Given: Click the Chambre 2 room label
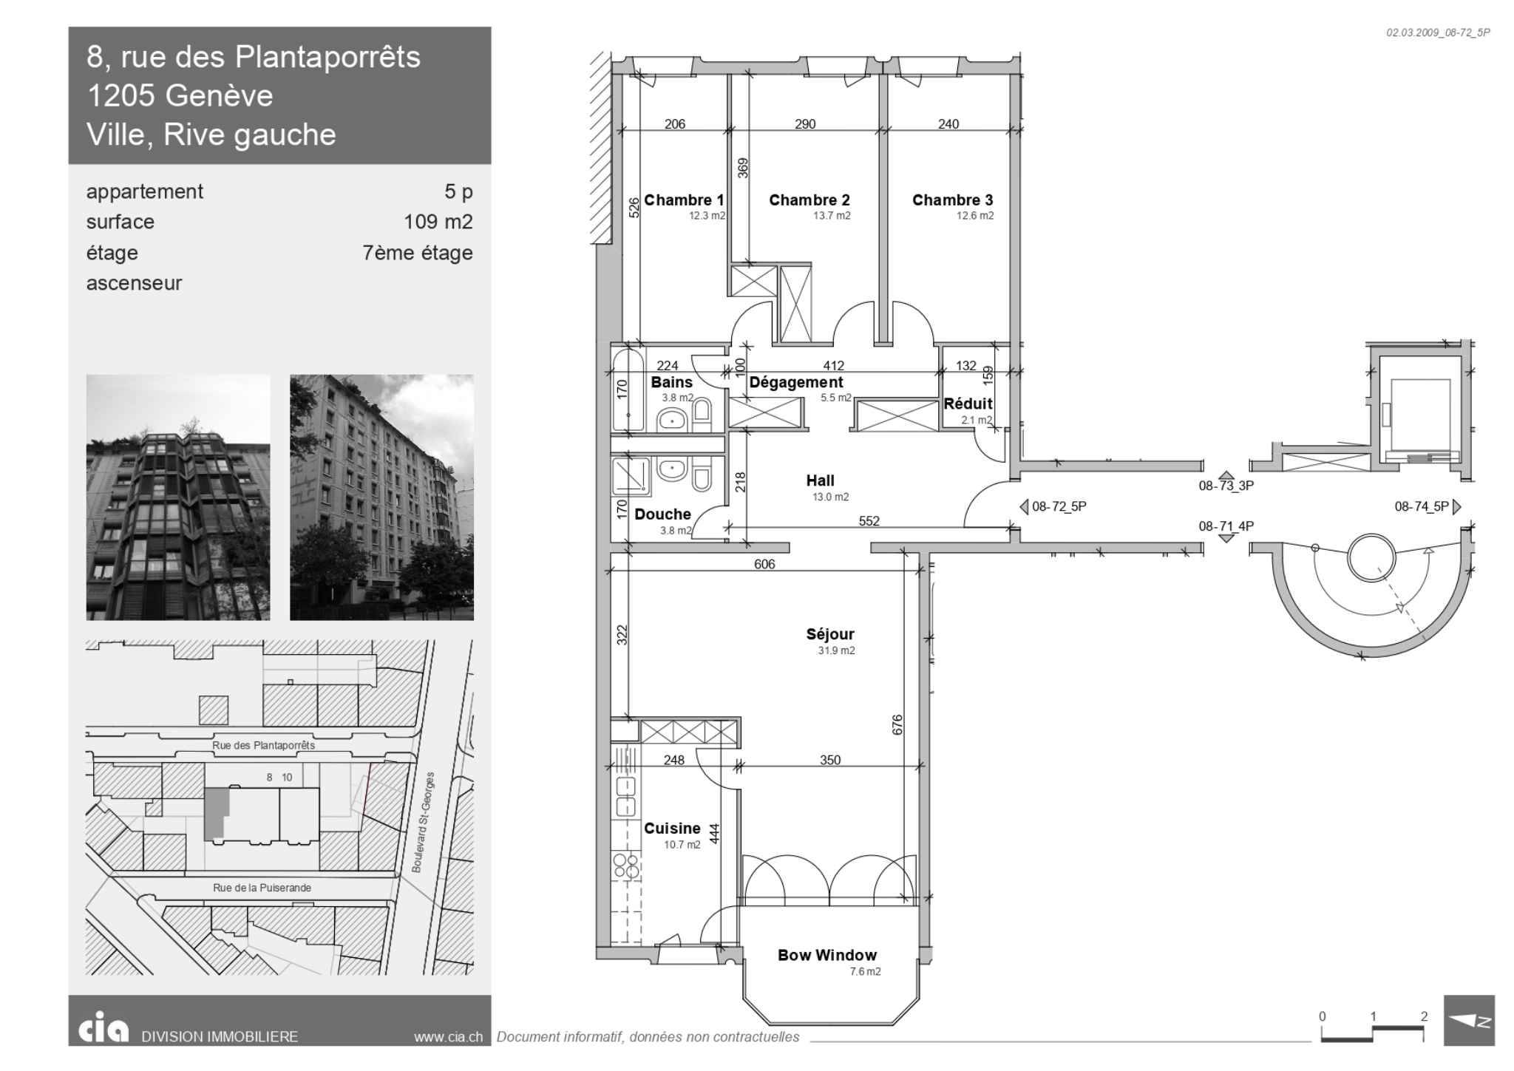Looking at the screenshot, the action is point(809,200).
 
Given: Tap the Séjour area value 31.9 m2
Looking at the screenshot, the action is point(836,650).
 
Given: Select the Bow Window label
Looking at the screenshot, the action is point(826,955).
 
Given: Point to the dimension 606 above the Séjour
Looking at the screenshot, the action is point(764,564).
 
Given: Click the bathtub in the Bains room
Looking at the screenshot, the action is point(628,390).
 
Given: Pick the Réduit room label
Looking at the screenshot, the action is point(968,404).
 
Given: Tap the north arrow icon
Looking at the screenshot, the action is point(1469,1020).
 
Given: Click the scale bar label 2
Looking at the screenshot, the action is point(1424,1016).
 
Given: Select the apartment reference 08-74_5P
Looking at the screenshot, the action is point(1422,507).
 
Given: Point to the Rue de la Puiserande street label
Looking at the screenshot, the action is point(262,888).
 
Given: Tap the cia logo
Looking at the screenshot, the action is point(103,1030).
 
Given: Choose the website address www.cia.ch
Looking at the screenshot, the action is point(448,1037).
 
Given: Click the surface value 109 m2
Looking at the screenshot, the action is point(438,222).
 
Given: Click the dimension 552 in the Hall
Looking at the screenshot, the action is point(869,521).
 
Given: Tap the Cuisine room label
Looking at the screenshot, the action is point(672,829).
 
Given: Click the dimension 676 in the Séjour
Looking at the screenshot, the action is point(897,724).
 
